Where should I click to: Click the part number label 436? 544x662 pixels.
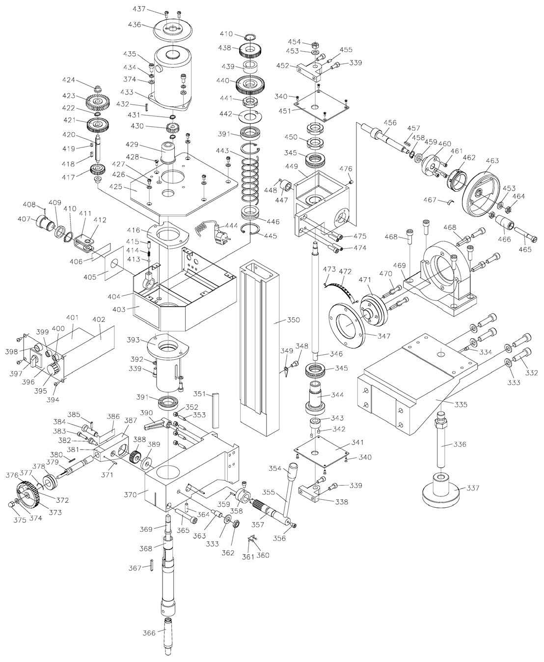tap(134, 25)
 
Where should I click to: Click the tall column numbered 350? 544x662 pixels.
tap(255, 344)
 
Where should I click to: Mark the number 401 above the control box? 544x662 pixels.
tap(73, 318)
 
